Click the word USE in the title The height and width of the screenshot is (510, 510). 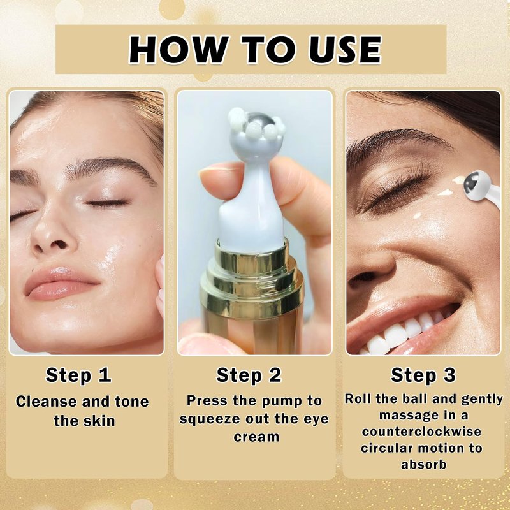coord(345,50)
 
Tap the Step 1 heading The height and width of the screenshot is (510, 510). coord(78,375)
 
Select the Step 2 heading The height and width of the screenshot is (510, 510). coord(249,375)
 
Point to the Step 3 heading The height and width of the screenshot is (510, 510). coord(423,375)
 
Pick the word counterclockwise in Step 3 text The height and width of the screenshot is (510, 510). coord(421,432)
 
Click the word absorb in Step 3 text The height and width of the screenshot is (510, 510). coord(423,464)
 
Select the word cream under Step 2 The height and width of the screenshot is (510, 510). coord(256,437)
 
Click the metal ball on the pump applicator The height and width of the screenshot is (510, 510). coord(257,121)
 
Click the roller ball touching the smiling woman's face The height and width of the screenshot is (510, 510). coord(475,185)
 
